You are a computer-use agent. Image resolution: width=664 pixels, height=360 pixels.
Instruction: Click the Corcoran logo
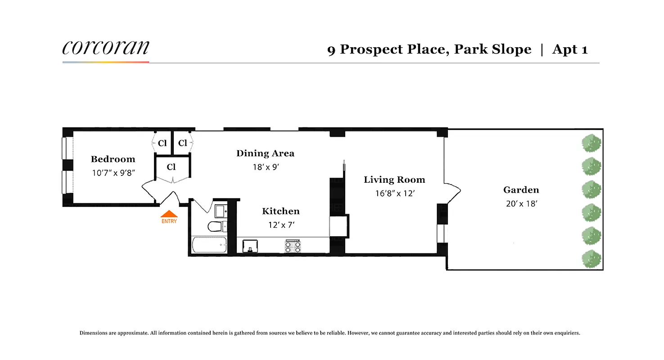point(105,48)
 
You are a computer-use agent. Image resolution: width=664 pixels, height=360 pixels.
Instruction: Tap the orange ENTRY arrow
point(169,214)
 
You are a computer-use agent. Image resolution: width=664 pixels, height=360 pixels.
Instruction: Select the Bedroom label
point(113,159)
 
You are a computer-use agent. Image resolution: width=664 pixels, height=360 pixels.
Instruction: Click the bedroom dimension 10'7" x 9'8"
point(113,172)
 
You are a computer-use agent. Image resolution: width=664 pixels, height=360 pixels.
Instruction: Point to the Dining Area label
point(265,153)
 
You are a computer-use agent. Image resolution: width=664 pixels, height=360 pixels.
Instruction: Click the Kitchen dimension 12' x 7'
point(281,225)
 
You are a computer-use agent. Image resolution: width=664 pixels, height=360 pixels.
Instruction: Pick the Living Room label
point(394,180)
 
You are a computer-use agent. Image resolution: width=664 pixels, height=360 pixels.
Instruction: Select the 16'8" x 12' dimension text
point(394,193)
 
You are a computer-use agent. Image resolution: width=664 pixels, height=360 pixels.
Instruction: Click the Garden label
point(521,190)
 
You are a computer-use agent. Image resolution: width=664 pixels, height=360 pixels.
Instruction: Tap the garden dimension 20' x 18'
point(521,203)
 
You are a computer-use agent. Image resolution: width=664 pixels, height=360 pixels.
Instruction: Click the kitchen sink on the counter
point(250,246)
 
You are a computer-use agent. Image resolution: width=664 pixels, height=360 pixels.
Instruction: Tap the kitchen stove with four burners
point(293,246)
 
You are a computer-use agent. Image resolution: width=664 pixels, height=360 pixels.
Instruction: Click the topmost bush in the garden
point(591,144)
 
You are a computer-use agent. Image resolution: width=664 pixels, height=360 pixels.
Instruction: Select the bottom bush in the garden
point(591,259)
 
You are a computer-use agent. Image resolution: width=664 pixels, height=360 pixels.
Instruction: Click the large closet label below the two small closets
point(171,167)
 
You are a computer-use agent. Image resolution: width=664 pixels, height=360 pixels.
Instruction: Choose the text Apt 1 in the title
point(569,49)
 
